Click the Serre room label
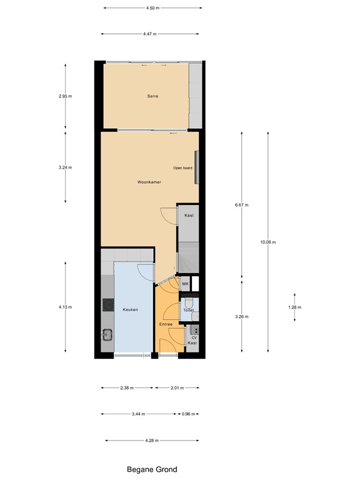tap(152, 96)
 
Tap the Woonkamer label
tap(149, 182)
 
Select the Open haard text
tap(183, 168)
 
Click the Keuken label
tap(130, 309)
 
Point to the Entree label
tap(166, 324)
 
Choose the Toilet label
tap(189, 310)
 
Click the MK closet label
tap(186, 284)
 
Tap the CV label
tap(194, 337)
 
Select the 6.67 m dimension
tap(242, 205)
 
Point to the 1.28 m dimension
tap(295, 307)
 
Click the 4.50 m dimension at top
tap(152, 8)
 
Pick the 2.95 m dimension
tap(65, 96)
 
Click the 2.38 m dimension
tap(128, 387)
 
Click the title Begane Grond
tap(152, 469)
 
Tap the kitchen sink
tap(107, 335)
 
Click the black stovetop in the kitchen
tap(107, 306)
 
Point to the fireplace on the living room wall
tap(197, 168)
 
